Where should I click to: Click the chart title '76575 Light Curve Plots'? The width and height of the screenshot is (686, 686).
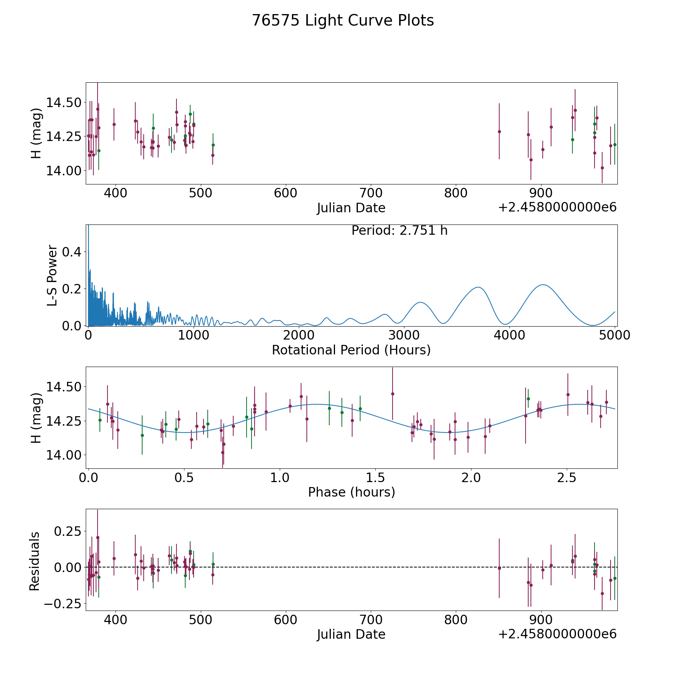[x=343, y=21]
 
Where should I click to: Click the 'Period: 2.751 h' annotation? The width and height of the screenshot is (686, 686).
[x=399, y=231]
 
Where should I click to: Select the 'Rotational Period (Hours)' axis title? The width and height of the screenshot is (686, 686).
[x=351, y=350]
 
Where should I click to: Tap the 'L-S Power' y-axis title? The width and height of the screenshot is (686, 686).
[x=53, y=275]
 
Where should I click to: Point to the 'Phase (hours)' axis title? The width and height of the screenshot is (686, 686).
[x=351, y=492]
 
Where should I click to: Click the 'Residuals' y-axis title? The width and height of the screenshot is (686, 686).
[x=35, y=561]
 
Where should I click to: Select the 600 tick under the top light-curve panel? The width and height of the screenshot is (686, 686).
[x=285, y=193]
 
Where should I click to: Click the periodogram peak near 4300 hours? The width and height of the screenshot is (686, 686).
[x=542, y=285]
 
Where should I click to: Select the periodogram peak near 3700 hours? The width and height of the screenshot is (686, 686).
[x=478, y=287]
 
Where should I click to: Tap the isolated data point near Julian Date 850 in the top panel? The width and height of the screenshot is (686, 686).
[x=499, y=131]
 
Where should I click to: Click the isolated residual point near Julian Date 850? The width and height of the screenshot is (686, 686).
[x=499, y=568]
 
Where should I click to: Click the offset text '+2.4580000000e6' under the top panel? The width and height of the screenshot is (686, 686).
[x=557, y=207]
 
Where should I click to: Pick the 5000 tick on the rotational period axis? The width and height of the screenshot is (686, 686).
[x=615, y=335]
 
